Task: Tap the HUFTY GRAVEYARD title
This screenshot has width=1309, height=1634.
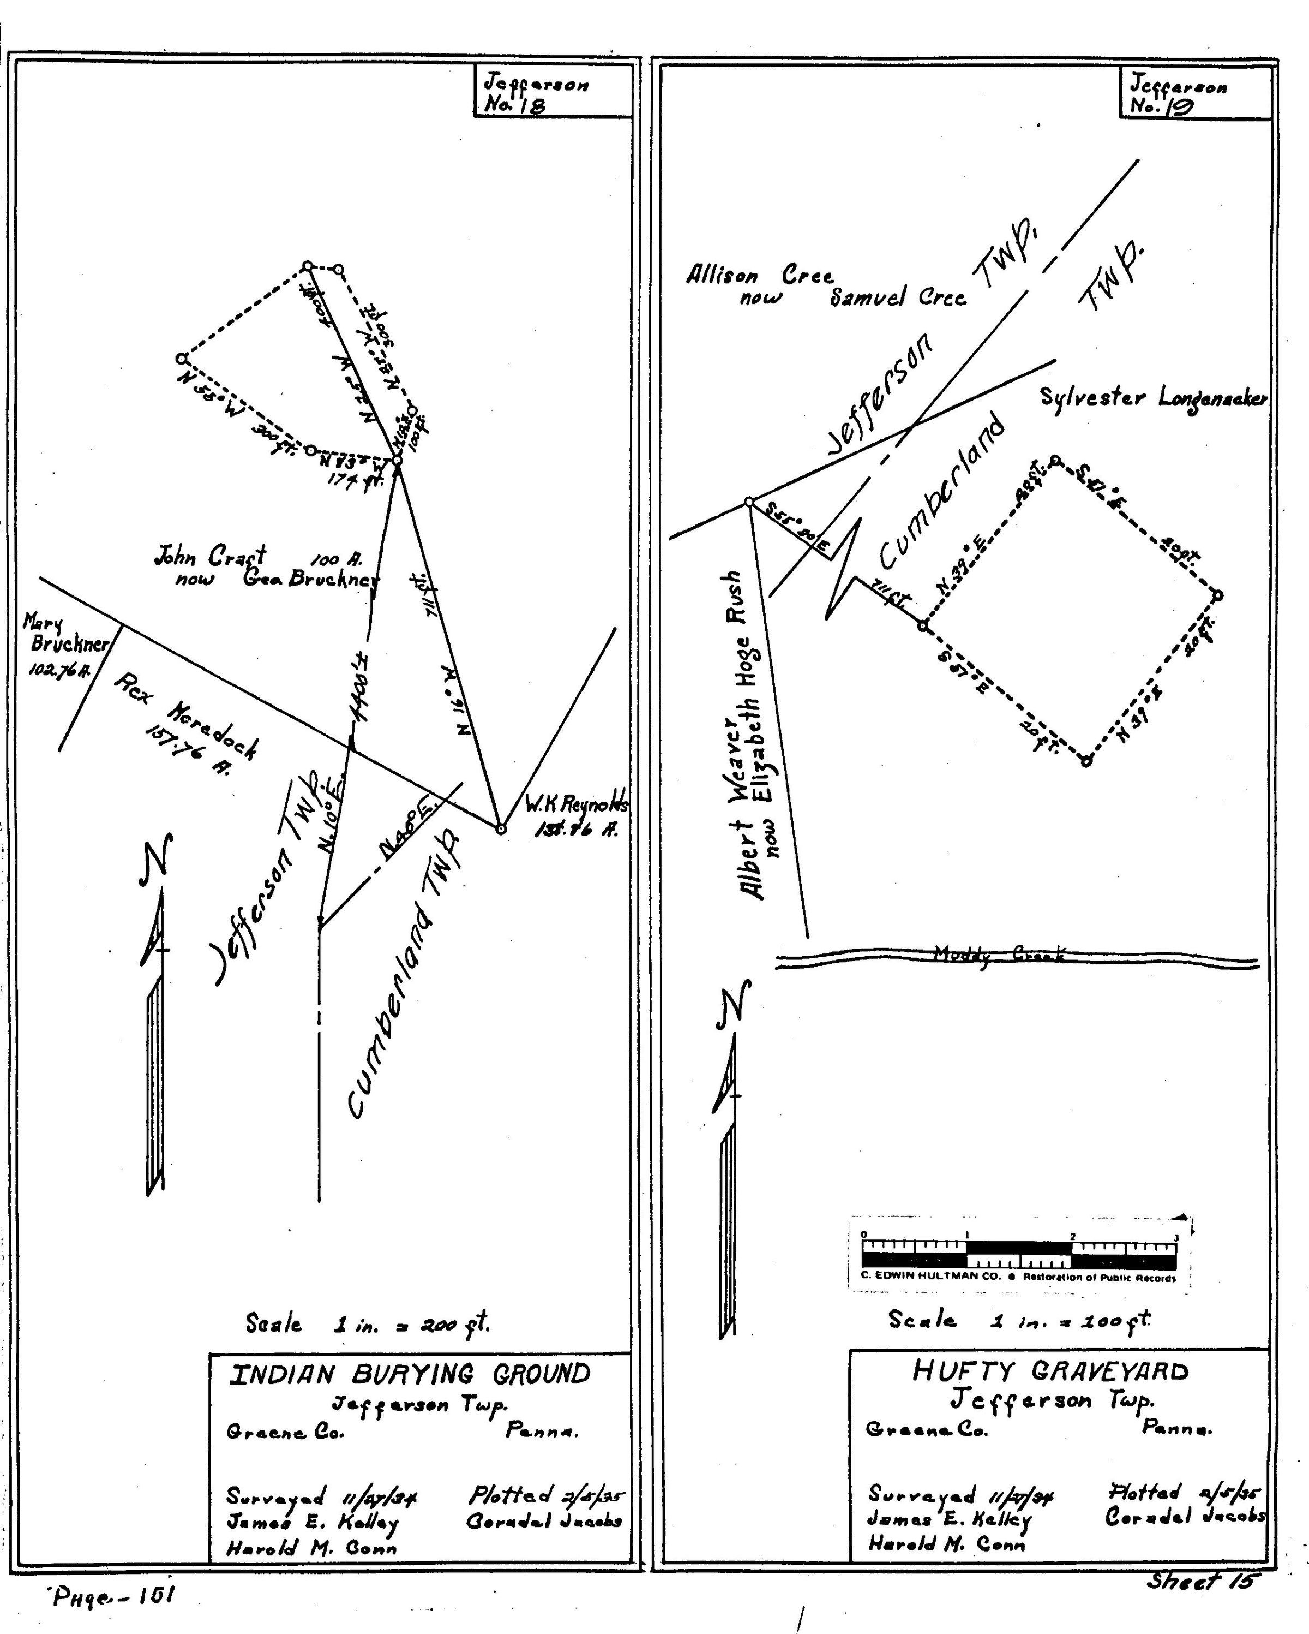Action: pos(1050,1371)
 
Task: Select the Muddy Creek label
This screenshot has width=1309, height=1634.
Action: pos(999,954)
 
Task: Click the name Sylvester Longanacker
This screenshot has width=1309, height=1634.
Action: pos(1151,398)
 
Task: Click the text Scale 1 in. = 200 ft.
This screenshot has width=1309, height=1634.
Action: pos(368,1324)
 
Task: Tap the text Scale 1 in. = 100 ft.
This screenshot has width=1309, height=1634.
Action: pos(1019,1320)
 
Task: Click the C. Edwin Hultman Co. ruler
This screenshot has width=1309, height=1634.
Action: pos(1019,1254)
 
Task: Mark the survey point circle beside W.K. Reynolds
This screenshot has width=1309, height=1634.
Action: pos(500,829)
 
